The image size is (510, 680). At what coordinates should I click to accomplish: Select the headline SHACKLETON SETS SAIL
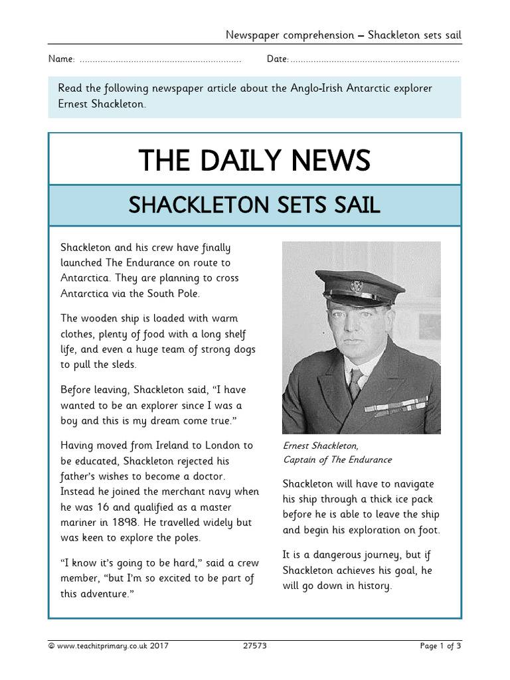point(254,205)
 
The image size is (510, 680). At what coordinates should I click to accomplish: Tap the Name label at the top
point(61,60)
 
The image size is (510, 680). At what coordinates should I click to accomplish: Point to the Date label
point(277,60)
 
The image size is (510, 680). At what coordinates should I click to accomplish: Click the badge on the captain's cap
point(357,286)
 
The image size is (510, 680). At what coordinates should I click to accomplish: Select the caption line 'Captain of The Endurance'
point(337,460)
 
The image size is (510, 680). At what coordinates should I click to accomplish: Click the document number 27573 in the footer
point(254,645)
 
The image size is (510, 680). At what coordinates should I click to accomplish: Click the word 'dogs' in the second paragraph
point(242,349)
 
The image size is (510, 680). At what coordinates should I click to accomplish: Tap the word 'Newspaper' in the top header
point(253,35)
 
